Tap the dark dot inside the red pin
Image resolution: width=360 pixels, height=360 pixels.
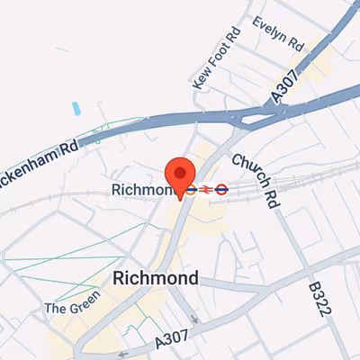[181, 172]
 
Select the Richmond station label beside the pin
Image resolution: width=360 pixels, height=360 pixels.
[139, 190]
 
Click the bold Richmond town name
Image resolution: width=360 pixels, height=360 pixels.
[157, 279]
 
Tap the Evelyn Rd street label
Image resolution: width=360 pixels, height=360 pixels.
[280, 32]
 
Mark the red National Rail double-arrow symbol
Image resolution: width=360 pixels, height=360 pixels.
[206, 190]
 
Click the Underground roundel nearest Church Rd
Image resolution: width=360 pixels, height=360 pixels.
[221, 190]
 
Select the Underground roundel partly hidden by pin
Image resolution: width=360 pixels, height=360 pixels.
[191, 190]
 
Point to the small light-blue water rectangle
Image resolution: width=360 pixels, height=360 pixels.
[76, 108]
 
